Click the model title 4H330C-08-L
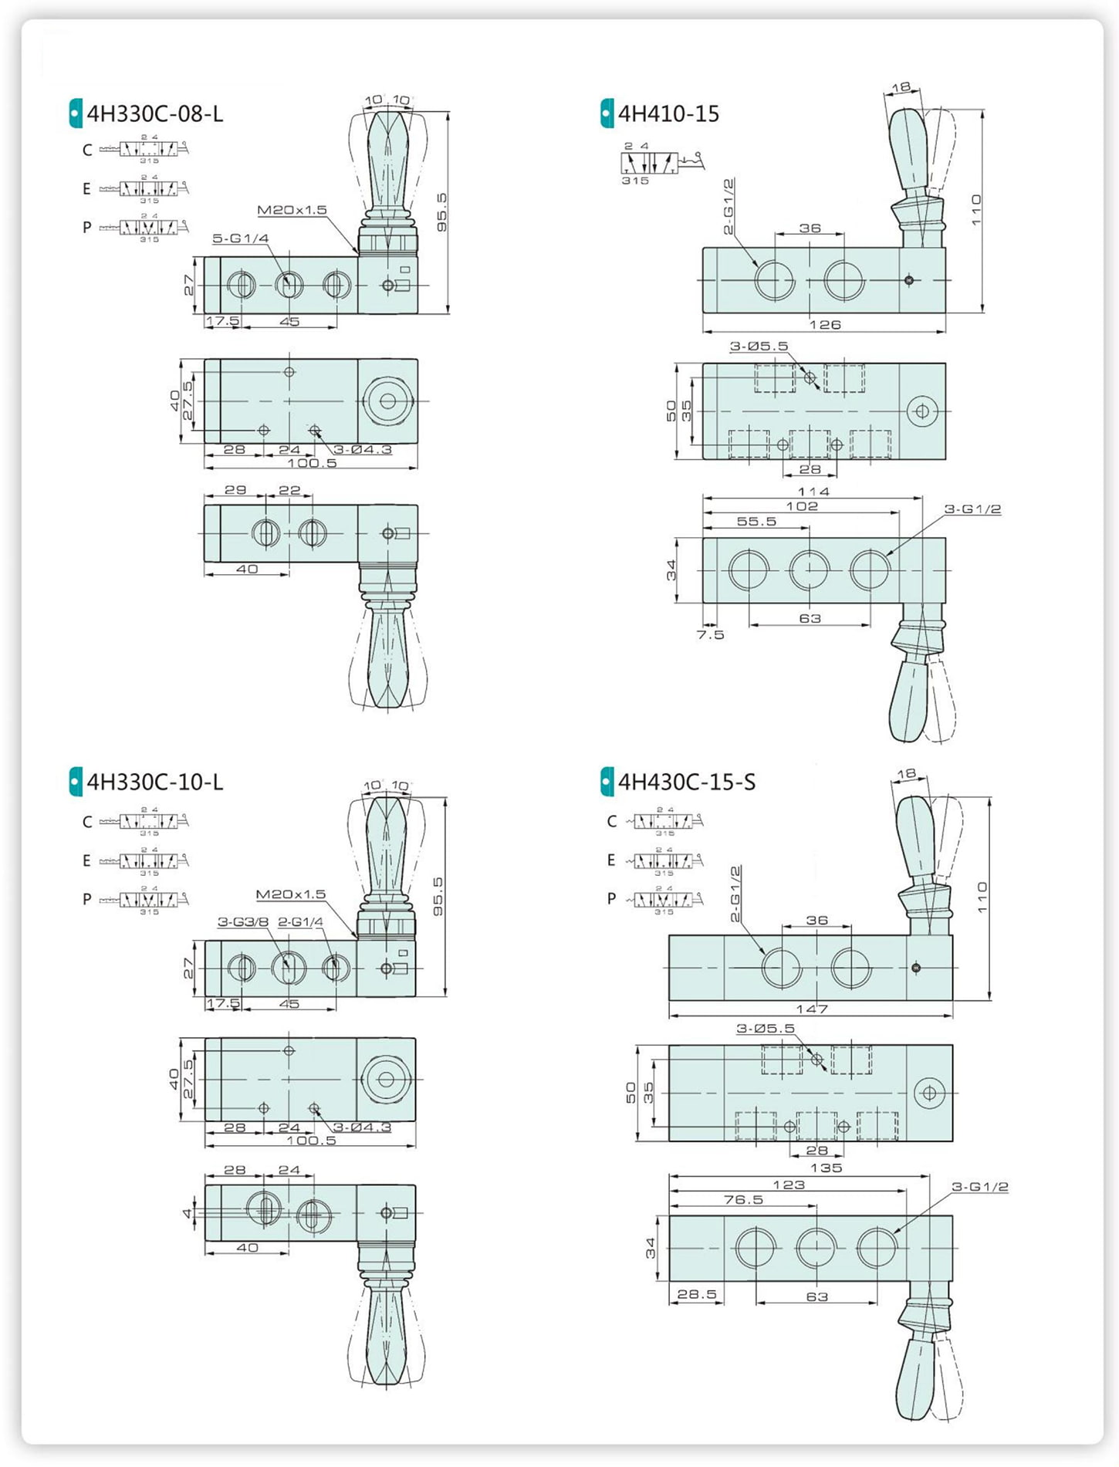coord(154,114)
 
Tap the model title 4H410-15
coord(668,114)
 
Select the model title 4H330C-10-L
coord(154,783)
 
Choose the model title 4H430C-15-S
coord(687,783)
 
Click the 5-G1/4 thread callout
coord(241,238)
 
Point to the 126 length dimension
coord(824,325)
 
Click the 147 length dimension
coord(812,1009)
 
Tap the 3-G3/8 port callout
coord(242,921)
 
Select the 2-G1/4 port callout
coord(300,921)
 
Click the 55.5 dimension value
coord(756,522)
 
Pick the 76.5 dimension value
coord(743,1199)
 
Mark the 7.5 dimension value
coord(710,635)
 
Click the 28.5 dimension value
coord(697,1294)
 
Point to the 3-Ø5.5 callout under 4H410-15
coord(759,346)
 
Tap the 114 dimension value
coord(813,492)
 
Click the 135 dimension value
coord(826,1168)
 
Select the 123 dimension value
coord(789,1185)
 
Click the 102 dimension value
coord(802,506)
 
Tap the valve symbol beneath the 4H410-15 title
coord(661,163)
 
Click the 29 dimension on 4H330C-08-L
coord(235,490)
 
